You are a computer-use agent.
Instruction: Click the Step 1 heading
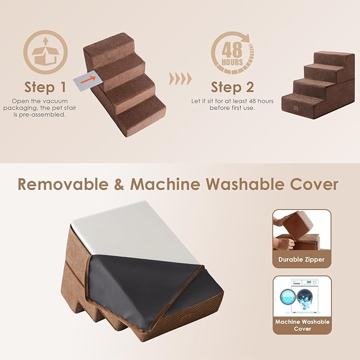pyautogui.click(x=45, y=86)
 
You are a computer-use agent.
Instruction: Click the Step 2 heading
pyautogui.click(x=232, y=86)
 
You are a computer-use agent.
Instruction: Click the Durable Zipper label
pyautogui.click(x=301, y=260)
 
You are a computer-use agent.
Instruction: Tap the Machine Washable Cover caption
pyautogui.click(x=302, y=325)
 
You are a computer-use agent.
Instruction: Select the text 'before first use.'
pyautogui.click(x=232, y=108)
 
